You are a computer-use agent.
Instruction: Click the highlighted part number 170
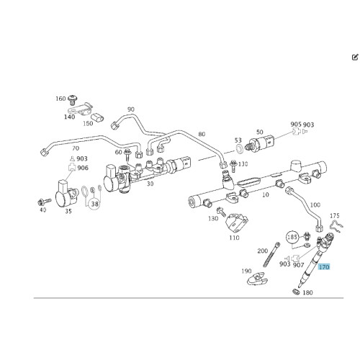coord(324,266)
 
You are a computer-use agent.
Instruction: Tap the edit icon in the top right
coord(355,58)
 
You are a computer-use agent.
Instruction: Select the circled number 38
coord(95,204)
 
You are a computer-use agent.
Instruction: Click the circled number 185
coord(292,237)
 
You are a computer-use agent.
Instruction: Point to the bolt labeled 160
coord(72,100)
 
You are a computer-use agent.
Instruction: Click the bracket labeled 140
coord(81,109)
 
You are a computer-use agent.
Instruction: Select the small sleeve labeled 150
coord(97,117)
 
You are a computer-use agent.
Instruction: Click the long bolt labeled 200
coord(271,254)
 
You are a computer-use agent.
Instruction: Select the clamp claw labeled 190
coord(257,279)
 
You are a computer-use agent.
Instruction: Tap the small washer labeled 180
coord(297,292)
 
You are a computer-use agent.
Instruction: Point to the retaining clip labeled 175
coord(336,225)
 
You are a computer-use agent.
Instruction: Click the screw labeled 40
coord(45,202)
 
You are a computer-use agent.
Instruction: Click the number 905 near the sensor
coord(296,124)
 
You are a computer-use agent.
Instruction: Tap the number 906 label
coord(83,168)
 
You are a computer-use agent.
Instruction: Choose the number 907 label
coord(298,265)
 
